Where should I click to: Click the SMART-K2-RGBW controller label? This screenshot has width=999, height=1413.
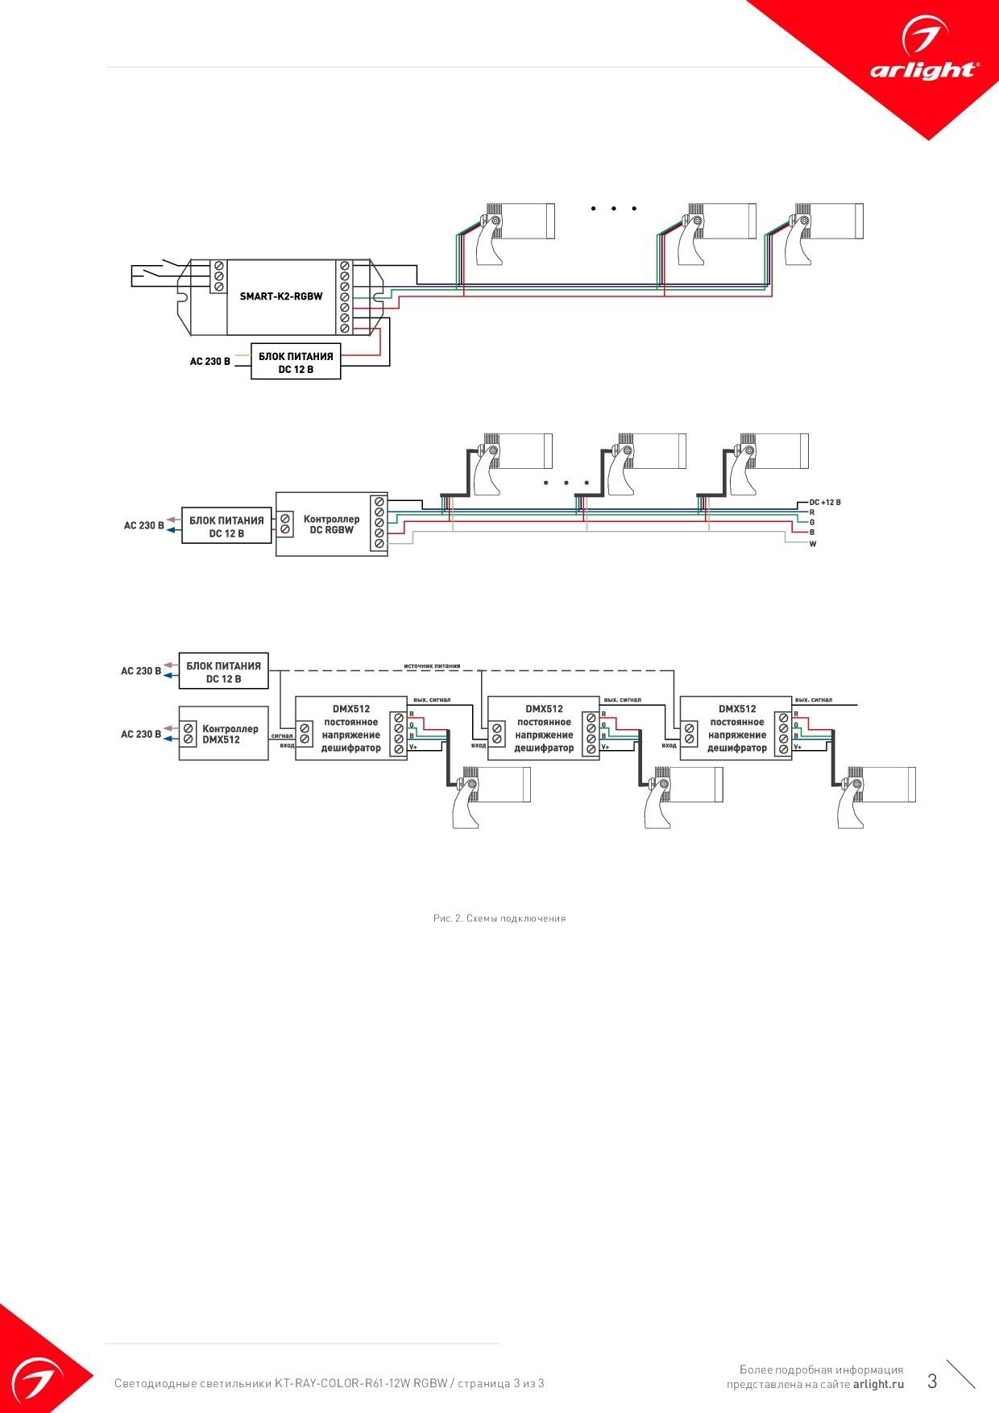(x=281, y=296)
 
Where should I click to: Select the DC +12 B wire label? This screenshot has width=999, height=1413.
(x=825, y=502)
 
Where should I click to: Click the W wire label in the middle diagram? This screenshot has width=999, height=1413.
(x=813, y=545)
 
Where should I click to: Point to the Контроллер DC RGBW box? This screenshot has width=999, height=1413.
(x=331, y=524)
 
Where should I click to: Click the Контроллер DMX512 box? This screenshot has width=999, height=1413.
(x=223, y=734)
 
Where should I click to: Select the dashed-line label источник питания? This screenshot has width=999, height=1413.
(x=433, y=666)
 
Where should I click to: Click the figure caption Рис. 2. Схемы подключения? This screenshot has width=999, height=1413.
(x=499, y=918)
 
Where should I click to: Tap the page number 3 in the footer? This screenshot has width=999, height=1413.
(x=932, y=1382)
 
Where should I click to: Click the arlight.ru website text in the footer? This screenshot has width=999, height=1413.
(x=878, y=1384)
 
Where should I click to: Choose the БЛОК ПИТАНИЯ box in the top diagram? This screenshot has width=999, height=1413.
(x=296, y=362)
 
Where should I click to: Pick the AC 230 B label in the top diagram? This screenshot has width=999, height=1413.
(x=210, y=362)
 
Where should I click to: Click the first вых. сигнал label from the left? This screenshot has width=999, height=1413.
(x=432, y=700)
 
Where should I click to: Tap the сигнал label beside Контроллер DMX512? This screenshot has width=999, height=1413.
(x=282, y=736)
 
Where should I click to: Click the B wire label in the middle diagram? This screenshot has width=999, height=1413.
(x=812, y=532)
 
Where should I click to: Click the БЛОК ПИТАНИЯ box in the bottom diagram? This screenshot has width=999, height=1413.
(x=224, y=672)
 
